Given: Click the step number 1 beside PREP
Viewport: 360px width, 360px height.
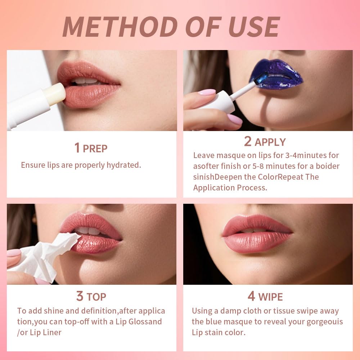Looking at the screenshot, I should coord(77,148).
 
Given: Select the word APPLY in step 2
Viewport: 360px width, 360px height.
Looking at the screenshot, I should coord(270,142).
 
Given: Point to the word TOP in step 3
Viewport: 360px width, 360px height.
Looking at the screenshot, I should coord(96,297).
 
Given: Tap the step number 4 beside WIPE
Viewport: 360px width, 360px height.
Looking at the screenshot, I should coord(251,296).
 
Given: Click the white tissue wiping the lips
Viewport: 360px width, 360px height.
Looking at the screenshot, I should coord(47,254).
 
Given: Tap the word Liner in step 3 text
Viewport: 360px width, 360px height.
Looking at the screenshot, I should coord(50,332).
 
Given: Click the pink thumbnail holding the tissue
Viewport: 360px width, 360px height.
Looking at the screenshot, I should coord(14,253).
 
